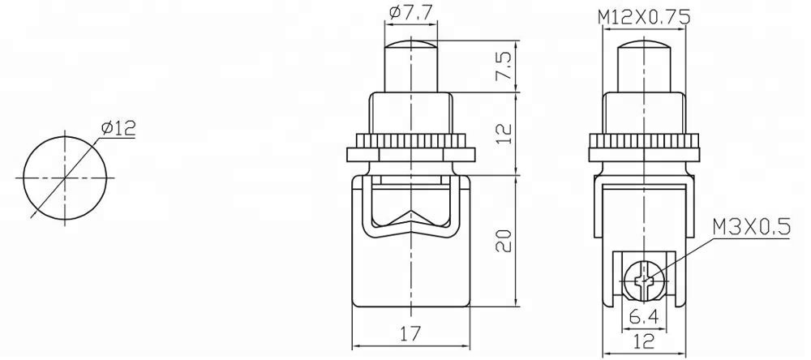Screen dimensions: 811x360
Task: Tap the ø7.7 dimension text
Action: [x=411, y=11]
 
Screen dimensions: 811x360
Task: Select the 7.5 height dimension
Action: [x=505, y=66]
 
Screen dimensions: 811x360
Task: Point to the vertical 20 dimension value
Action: [x=505, y=240]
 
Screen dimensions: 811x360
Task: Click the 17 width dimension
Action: [x=412, y=333]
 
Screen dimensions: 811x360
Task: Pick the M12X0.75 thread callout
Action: [x=644, y=18]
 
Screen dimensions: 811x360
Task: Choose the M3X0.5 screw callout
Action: [x=751, y=227]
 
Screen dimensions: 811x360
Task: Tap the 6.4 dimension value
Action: [x=644, y=316]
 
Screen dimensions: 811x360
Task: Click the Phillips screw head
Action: [x=644, y=281]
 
